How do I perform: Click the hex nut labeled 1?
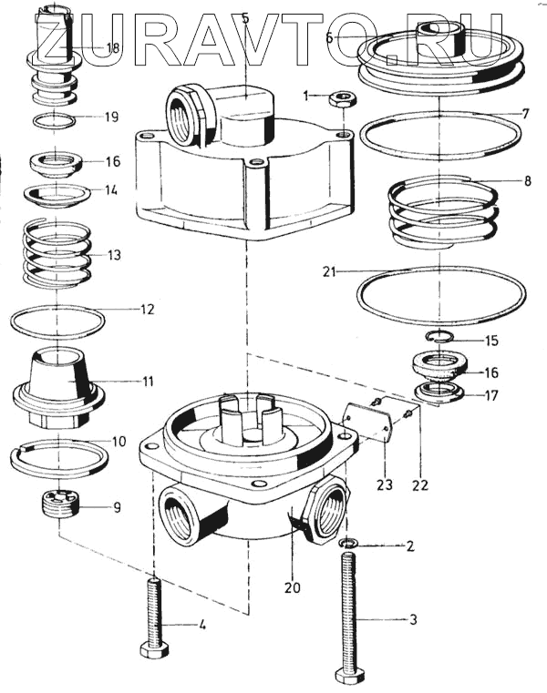(343, 98)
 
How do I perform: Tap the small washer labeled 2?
(349, 543)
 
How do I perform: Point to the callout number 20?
(292, 587)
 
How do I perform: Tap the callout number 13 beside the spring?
(114, 255)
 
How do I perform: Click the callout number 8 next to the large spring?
(527, 181)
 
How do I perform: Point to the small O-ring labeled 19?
(54, 120)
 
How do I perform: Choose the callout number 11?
(148, 381)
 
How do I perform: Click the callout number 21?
(329, 271)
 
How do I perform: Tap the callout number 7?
(525, 114)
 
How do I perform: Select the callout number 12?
(148, 310)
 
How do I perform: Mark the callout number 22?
(420, 485)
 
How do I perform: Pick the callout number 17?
(491, 395)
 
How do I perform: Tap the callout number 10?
(119, 442)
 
